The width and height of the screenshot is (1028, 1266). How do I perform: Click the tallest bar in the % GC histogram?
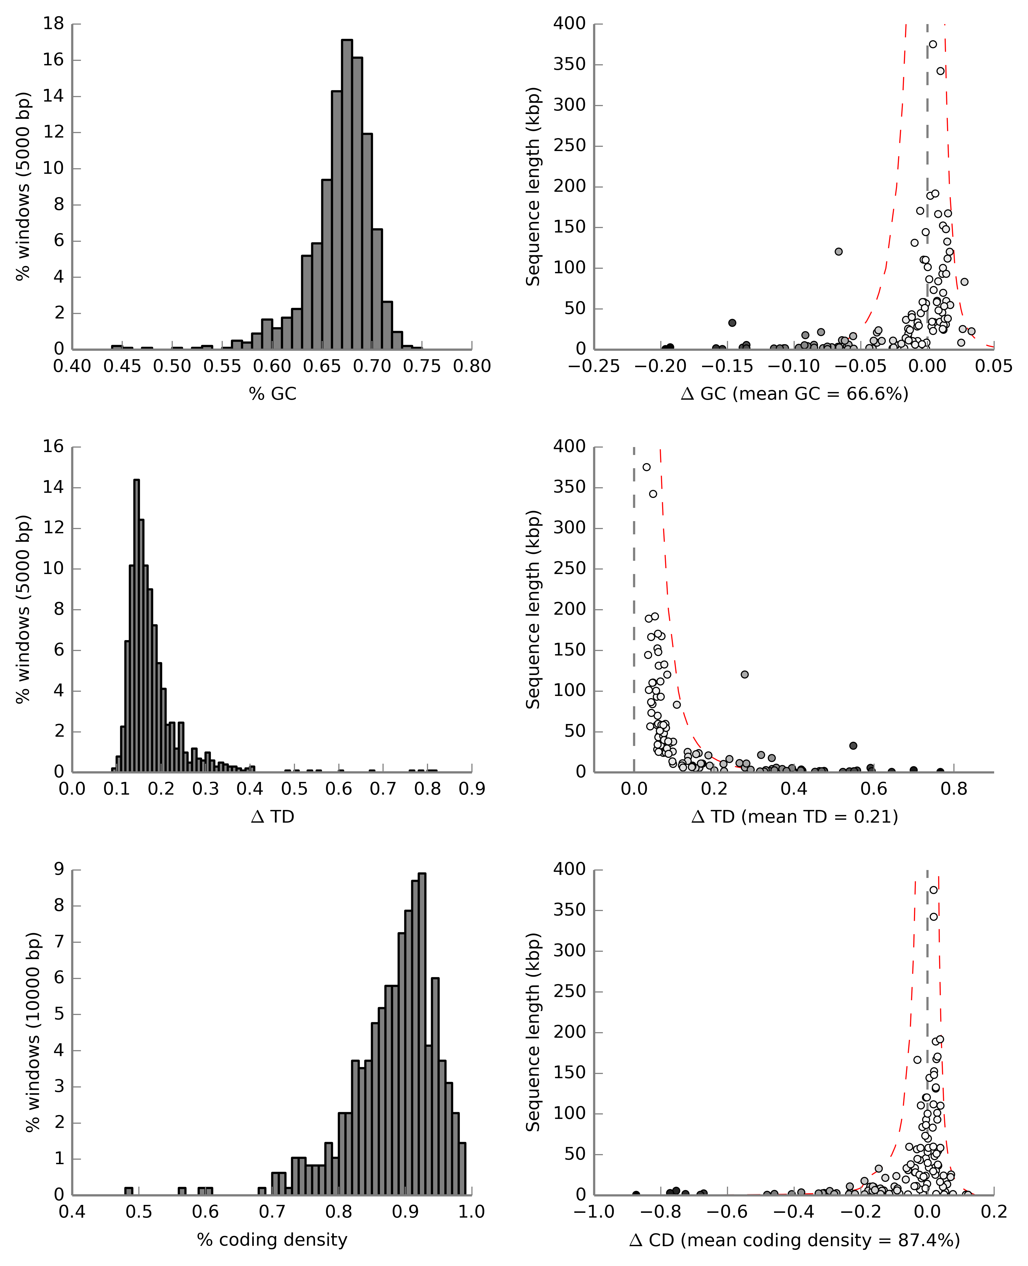coord(347,194)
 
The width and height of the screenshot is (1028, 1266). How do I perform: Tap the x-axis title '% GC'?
coord(272,394)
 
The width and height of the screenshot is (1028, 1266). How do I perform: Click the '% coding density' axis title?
coord(272,1240)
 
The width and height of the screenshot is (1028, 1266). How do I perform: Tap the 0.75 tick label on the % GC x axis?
coord(422,367)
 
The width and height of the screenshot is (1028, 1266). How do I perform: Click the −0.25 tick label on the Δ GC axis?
coord(594,367)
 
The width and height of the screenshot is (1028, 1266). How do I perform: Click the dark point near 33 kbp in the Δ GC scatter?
coord(732,323)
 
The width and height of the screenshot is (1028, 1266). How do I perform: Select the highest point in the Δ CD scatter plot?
coord(933,890)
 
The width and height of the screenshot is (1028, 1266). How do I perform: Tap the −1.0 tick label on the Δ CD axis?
coord(594,1212)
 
